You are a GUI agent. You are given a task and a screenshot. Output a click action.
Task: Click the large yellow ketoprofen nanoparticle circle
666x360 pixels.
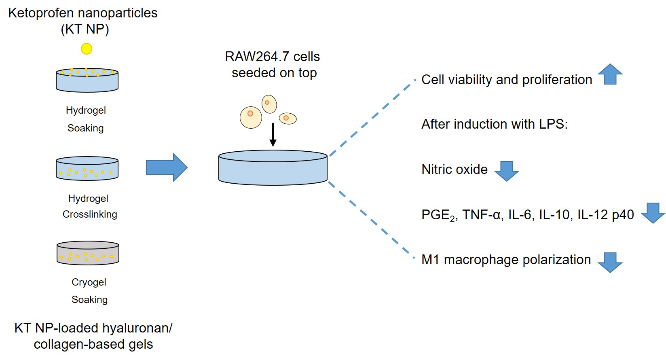coord(87,49)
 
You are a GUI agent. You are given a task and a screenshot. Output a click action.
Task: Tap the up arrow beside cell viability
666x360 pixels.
coord(610,74)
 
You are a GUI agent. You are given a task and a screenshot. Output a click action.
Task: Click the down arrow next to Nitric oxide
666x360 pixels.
coord(506,171)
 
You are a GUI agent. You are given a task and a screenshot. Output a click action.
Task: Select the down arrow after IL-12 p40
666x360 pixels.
coord(653,213)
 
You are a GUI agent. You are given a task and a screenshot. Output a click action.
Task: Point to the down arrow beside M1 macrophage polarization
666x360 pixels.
coord(610,263)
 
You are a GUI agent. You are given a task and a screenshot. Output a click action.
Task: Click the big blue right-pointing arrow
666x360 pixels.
coord(167,167)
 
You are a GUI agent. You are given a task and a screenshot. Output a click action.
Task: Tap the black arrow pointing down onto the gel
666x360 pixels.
coord(273,134)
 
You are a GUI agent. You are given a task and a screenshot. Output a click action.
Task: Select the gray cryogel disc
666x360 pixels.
coord(88,253)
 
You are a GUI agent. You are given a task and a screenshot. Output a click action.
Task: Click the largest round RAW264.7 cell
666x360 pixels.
coord(251,117)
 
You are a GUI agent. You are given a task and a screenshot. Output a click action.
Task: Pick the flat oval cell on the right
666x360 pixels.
coord(288,118)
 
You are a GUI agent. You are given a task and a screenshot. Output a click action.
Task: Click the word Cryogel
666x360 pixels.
coord(89,282)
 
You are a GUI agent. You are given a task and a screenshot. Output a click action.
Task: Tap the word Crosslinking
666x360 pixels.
coord(90,214)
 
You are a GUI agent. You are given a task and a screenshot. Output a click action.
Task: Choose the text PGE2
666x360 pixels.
coord(438,215)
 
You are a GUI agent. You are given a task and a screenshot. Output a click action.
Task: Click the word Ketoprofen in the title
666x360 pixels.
coord(40,13)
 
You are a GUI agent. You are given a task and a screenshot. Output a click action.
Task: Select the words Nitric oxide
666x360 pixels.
coord(455,169)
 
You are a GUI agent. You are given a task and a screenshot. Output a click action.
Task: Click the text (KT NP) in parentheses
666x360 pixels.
coord(85,29)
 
